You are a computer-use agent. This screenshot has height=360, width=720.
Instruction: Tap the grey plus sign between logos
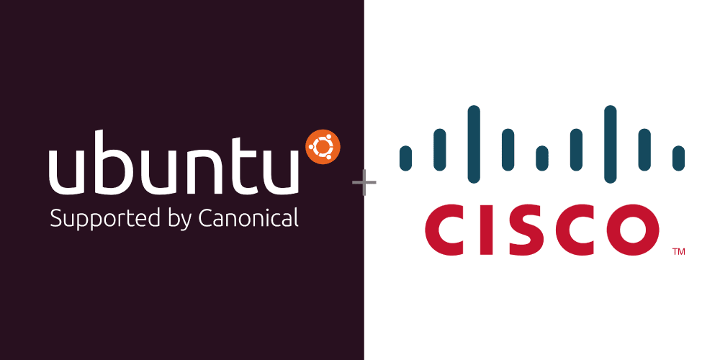[x=364, y=184]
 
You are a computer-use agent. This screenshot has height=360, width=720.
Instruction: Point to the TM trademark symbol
[x=678, y=252]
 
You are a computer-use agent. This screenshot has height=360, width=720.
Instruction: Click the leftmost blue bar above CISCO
[x=405, y=158]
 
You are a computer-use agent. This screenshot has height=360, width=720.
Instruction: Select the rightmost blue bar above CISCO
[x=678, y=158]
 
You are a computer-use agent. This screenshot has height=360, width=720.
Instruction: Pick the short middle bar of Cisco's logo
[x=542, y=158]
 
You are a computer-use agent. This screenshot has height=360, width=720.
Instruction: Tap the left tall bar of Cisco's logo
[x=474, y=144]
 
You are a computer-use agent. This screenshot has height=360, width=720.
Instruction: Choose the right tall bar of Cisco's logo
[x=611, y=144]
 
